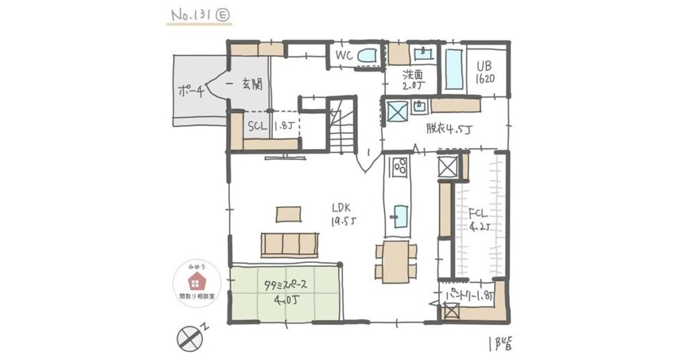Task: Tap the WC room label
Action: [344, 56]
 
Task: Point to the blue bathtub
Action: [454, 68]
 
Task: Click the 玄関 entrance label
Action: [252, 84]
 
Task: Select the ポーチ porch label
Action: [191, 92]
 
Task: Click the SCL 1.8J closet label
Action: [268, 125]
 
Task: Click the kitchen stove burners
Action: [400, 165]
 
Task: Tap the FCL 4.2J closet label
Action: [479, 219]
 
